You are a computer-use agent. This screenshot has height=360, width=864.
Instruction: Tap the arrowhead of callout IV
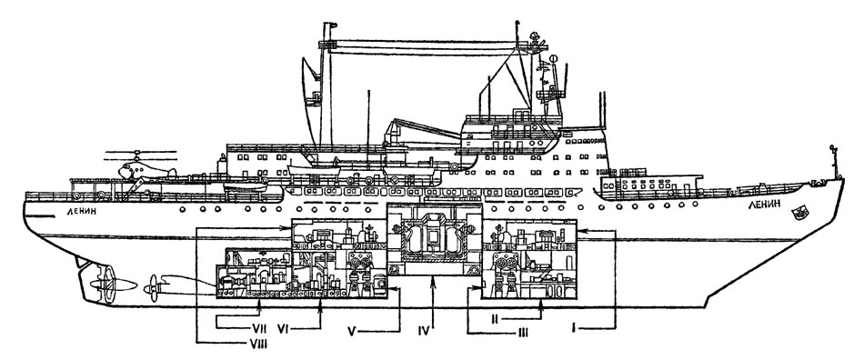[x=434, y=281]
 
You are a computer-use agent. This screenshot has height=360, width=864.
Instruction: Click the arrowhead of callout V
[x=391, y=287]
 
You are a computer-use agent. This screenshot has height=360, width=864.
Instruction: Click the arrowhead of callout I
[x=582, y=233]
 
